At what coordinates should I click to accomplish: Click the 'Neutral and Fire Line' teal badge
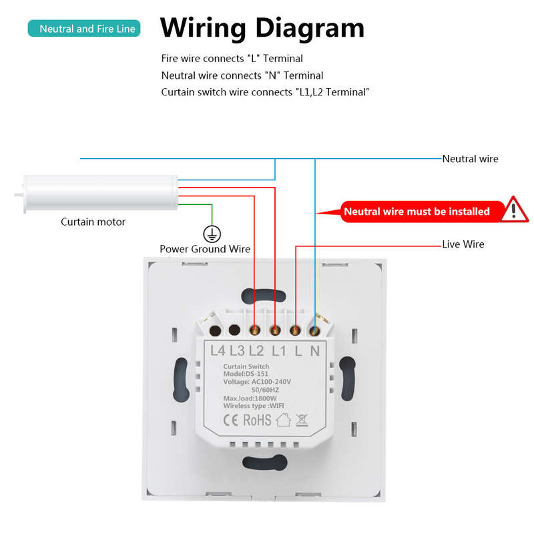(84, 28)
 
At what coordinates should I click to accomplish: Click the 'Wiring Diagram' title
(262, 29)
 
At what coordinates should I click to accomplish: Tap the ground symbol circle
(212, 234)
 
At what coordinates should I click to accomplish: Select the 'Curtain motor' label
(93, 222)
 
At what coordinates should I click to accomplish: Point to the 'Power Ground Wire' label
(205, 249)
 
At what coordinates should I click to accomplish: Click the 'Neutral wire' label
(470, 159)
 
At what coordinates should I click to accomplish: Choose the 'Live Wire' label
(463, 244)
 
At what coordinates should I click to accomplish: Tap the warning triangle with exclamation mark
(515, 210)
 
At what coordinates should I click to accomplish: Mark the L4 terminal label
(218, 350)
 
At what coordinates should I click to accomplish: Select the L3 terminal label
(237, 350)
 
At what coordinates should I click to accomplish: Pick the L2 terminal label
(256, 350)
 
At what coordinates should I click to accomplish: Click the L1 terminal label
(279, 350)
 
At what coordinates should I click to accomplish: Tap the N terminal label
(315, 350)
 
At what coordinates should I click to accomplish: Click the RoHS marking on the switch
(257, 421)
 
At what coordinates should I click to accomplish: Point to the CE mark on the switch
(230, 421)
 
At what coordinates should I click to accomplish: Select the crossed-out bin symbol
(302, 421)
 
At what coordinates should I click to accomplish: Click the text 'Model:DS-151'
(246, 374)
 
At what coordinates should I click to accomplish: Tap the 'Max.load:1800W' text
(250, 398)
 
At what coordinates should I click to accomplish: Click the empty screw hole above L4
(215, 330)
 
